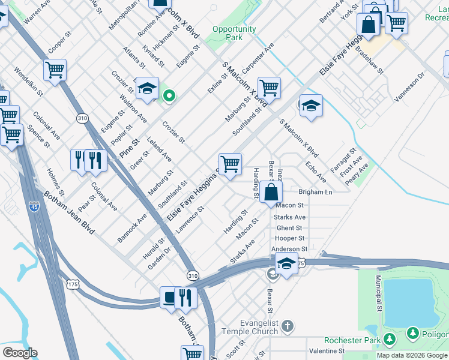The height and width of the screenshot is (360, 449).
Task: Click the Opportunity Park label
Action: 234,33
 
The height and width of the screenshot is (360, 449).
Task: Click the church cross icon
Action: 288,326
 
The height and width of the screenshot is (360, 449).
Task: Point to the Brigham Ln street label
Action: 315,192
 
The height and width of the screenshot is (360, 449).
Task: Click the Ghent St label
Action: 289,228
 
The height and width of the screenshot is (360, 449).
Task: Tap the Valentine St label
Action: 327,350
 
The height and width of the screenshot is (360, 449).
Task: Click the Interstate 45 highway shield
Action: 34,206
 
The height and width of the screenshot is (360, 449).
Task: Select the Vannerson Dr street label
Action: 410,83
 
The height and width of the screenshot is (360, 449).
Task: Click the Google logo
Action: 19,353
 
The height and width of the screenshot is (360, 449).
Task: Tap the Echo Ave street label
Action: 316,172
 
